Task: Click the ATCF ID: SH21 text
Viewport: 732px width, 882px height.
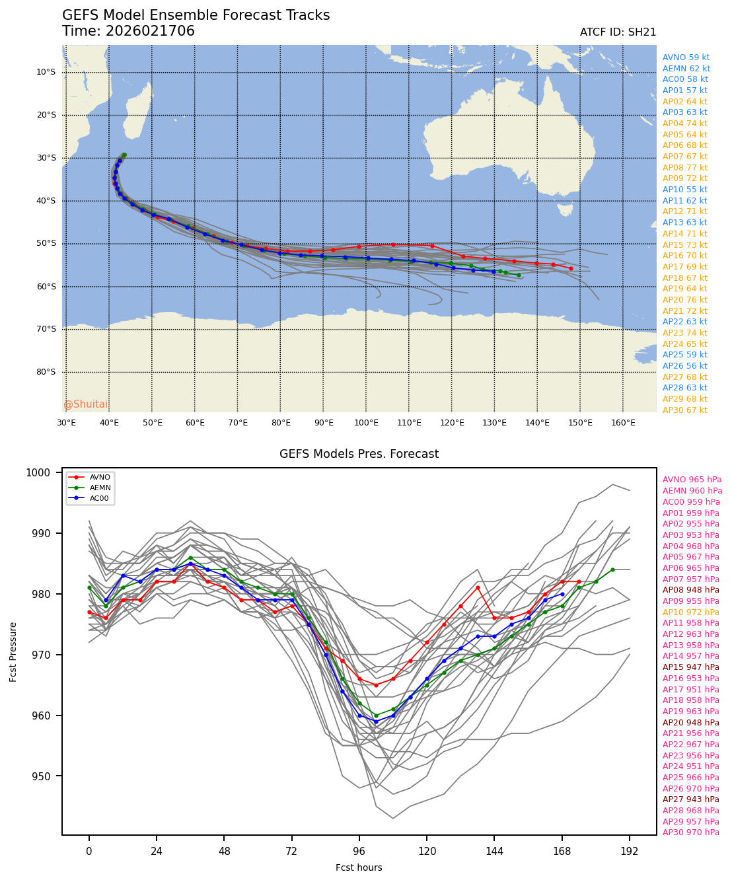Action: tap(618, 32)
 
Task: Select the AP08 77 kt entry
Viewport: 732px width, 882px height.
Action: tap(684, 168)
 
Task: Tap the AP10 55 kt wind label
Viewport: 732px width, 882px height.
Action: tap(684, 190)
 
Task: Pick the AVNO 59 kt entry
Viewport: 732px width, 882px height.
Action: tap(686, 57)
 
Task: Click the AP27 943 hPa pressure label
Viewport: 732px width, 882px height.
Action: tap(690, 799)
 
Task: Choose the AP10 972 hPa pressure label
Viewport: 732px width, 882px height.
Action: tap(690, 612)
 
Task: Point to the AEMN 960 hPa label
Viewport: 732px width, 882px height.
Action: tap(692, 491)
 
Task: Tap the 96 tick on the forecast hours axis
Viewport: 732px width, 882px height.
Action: tap(359, 852)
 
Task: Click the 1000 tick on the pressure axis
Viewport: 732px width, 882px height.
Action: tap(38, 473)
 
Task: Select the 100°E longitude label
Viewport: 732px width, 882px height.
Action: tap(366, 423)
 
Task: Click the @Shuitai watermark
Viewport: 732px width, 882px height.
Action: tap(85, 404)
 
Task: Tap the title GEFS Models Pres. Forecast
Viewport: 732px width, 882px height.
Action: tap(359, 455)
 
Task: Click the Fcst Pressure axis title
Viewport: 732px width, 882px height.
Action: tap(13, 651)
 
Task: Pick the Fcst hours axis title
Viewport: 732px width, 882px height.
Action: tap(359, 867)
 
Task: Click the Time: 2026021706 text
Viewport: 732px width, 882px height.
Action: tap(128, 32)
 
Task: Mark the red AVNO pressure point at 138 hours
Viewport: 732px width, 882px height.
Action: tap(477, 588)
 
